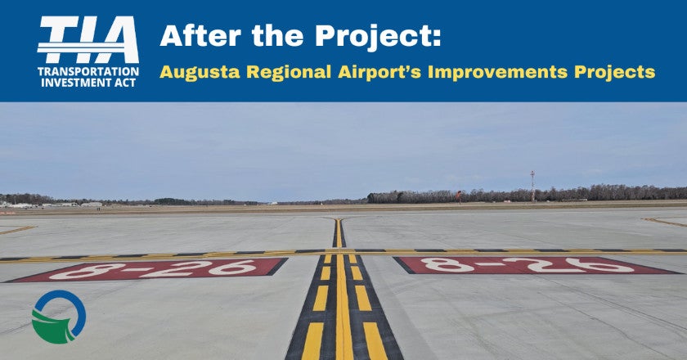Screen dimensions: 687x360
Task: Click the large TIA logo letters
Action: point(88,40)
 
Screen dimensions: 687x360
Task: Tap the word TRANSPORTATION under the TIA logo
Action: point(88,71)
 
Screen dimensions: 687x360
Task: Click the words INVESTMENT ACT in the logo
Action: point(88,83)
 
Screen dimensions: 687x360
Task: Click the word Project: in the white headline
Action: point(378,37)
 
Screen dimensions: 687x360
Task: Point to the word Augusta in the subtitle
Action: point(200,72)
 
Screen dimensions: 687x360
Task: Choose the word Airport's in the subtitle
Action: point(379,72)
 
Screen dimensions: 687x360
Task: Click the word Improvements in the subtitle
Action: point(497,71)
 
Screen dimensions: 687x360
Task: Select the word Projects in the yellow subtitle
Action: point(615,72)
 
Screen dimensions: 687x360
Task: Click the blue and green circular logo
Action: point(59,317)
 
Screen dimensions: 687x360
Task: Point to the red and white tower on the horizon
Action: point(532,186)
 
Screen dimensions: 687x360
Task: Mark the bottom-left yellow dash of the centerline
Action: point(312,340)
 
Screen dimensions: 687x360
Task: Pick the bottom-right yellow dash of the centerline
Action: point(375,340)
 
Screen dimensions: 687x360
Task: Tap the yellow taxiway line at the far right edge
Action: point(665,223)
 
